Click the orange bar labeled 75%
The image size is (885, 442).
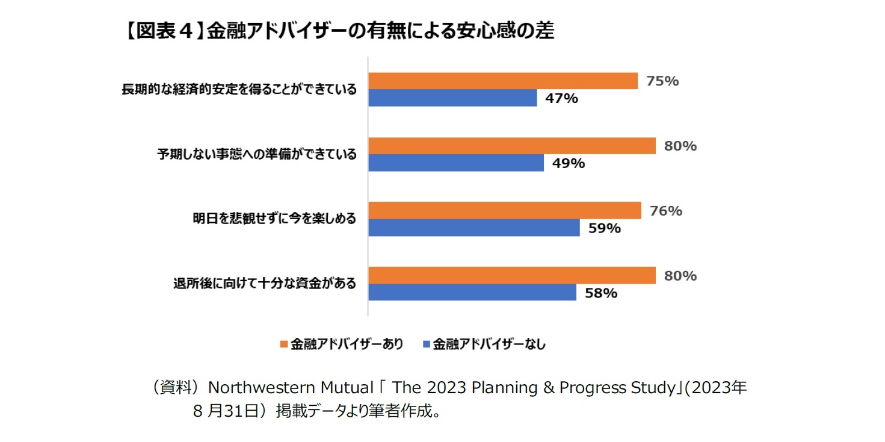click(502, 81)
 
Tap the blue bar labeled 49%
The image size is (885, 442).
click(455, 163)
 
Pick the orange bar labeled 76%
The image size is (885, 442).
click(504, 211)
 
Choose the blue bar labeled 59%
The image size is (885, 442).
click(473, 228)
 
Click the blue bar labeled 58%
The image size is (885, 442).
click(472, 293)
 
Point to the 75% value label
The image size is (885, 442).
click(662, 81)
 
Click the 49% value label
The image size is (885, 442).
click(569, 163)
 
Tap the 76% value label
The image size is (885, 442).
click(666, 211)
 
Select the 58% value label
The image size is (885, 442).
click(601, 293)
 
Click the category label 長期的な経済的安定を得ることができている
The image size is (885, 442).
click(239, 90)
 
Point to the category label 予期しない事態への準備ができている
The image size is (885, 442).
click(257, 155)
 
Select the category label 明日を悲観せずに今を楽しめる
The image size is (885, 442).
click(274, 219)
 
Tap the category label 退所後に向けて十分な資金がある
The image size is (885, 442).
click(264, 284)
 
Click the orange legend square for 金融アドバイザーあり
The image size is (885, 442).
click(283, 344)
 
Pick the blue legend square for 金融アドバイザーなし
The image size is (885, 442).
click(426, 344)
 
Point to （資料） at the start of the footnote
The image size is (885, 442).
click(175, 388)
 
